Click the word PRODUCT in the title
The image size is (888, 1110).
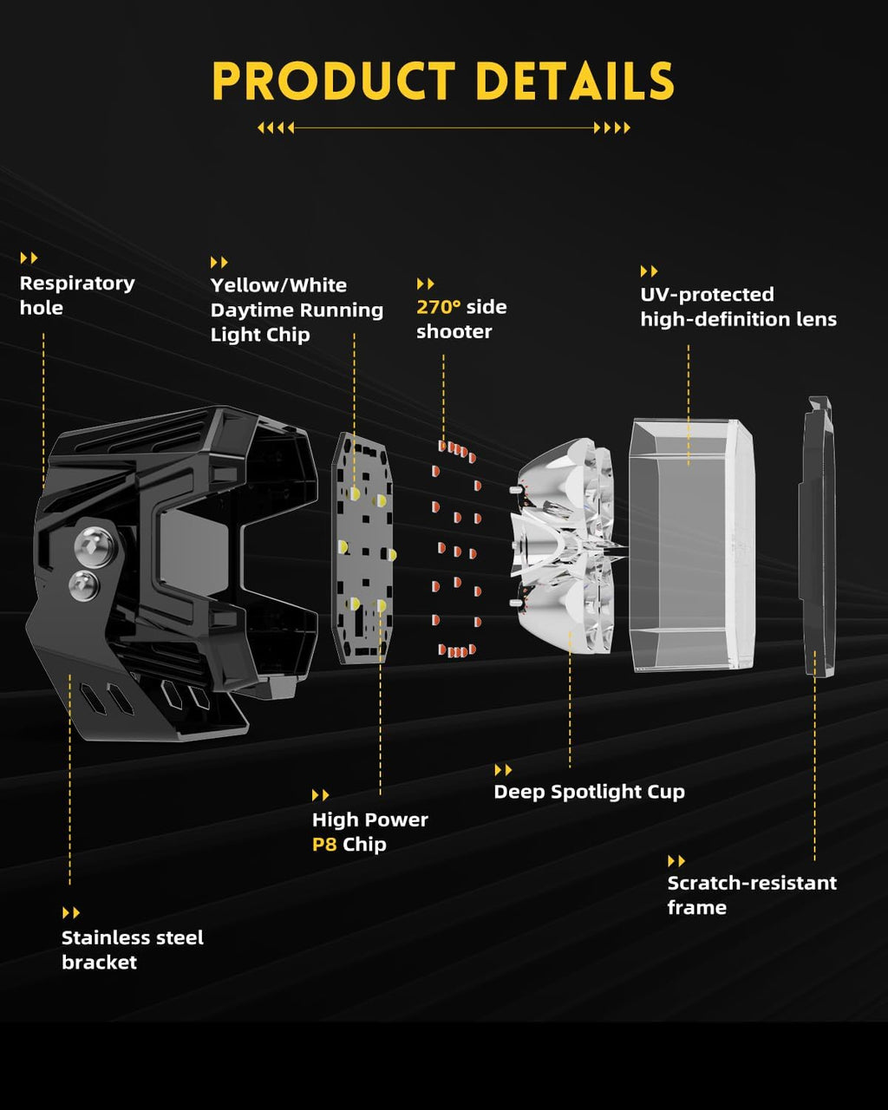(334, 82)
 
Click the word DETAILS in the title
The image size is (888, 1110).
(575, 82)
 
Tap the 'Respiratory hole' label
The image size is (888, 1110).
(77, 296)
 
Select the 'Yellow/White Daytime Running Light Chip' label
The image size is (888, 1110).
(297, 310)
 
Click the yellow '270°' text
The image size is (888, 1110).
(439, 307)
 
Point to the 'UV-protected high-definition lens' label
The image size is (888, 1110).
(738, 307)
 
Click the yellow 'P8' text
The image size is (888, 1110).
(323, 845)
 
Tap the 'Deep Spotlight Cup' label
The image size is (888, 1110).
(589, 792)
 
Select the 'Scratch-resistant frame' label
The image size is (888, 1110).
(752, 895)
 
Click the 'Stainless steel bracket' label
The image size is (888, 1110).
(132, 950)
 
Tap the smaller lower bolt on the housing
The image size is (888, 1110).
(83, 585)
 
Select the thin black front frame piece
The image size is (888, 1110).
(817, 538)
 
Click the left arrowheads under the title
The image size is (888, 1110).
(276, 127)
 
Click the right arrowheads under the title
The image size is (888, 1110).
(612, 127)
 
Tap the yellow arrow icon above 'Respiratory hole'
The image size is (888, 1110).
(29, 258)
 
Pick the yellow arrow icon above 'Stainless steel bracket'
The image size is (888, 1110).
(71, 913)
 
